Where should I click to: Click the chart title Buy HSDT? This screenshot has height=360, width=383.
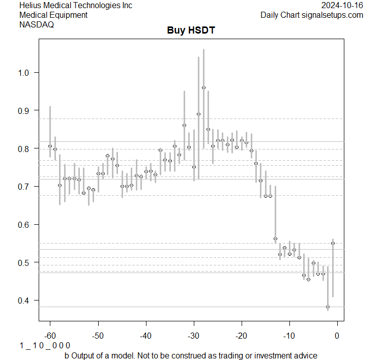click(191, 31)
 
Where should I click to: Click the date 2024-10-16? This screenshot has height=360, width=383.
click(342, 5)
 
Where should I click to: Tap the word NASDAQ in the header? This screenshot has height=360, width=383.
click(36, 24)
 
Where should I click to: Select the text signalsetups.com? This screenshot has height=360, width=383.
click(332, 15)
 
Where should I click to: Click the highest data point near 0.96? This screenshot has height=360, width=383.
click(203, 87)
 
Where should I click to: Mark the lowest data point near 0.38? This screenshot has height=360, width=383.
click(328, 307)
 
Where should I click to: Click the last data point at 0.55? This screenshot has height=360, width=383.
click(333, 243)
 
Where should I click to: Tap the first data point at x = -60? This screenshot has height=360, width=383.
click(50, 146)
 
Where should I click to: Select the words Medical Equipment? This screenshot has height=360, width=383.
click(53, 15)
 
